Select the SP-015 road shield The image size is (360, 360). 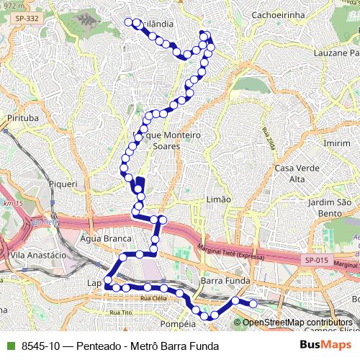pyautogui.click(x=315, y=259)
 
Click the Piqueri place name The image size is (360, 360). pyautogui.click(x=63, y=184)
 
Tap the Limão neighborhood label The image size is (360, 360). pyautogui.click(x=218, y=199)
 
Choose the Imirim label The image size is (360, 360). pyautogui.click(x=337, y=143)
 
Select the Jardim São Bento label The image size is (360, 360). pyautogui.click(x=333, y=208)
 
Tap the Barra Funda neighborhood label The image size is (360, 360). pyautogui.click(x=226, y=280)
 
